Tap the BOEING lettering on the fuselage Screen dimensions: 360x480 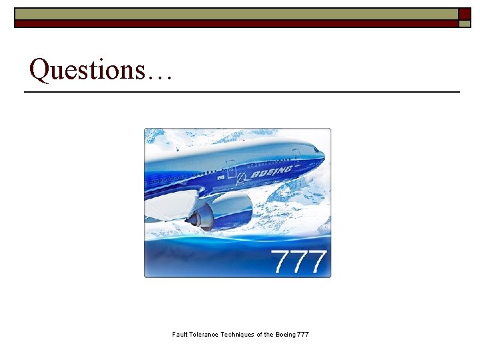pos(272,173)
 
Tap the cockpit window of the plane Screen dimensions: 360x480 pos(313,151)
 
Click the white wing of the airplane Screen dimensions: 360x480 pos(170,203)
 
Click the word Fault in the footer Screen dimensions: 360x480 pos(180,334)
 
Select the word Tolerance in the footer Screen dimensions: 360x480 pos(208,334)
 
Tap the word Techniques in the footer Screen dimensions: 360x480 pos(241,334)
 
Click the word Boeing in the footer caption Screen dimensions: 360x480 pos(286,334)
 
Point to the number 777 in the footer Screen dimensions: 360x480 pos(303,334)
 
